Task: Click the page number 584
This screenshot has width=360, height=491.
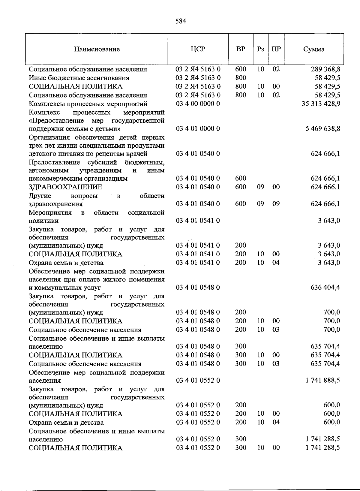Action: click(181, 21)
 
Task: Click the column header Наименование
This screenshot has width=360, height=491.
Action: click(97, 49)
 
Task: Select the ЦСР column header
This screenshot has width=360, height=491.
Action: click(198, 49)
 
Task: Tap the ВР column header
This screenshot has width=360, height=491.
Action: click(241, 49)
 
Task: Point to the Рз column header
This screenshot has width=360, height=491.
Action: click(260, 49)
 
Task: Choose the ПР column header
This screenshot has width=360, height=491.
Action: click(276, 49)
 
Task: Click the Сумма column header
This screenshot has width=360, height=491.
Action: click(313, 49)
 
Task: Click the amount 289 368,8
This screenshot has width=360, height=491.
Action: click(325, 69)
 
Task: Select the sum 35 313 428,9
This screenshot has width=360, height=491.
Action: click(321, 104)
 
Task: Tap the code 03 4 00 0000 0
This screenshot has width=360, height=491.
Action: click(198, 104)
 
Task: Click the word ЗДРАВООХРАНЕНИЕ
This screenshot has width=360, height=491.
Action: click(65, 187)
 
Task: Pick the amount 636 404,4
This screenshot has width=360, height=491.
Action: click(325, 287)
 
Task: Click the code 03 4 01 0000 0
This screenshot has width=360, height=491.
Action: click(198, 129)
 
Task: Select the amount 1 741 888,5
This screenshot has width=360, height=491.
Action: click(323, 380)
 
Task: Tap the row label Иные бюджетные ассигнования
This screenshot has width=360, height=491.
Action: click(79, 78)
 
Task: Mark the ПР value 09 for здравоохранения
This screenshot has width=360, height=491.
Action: click(276, 204)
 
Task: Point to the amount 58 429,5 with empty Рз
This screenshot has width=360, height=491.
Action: click(327, 78)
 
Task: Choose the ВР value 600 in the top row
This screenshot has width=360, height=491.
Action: click(241, 69)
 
